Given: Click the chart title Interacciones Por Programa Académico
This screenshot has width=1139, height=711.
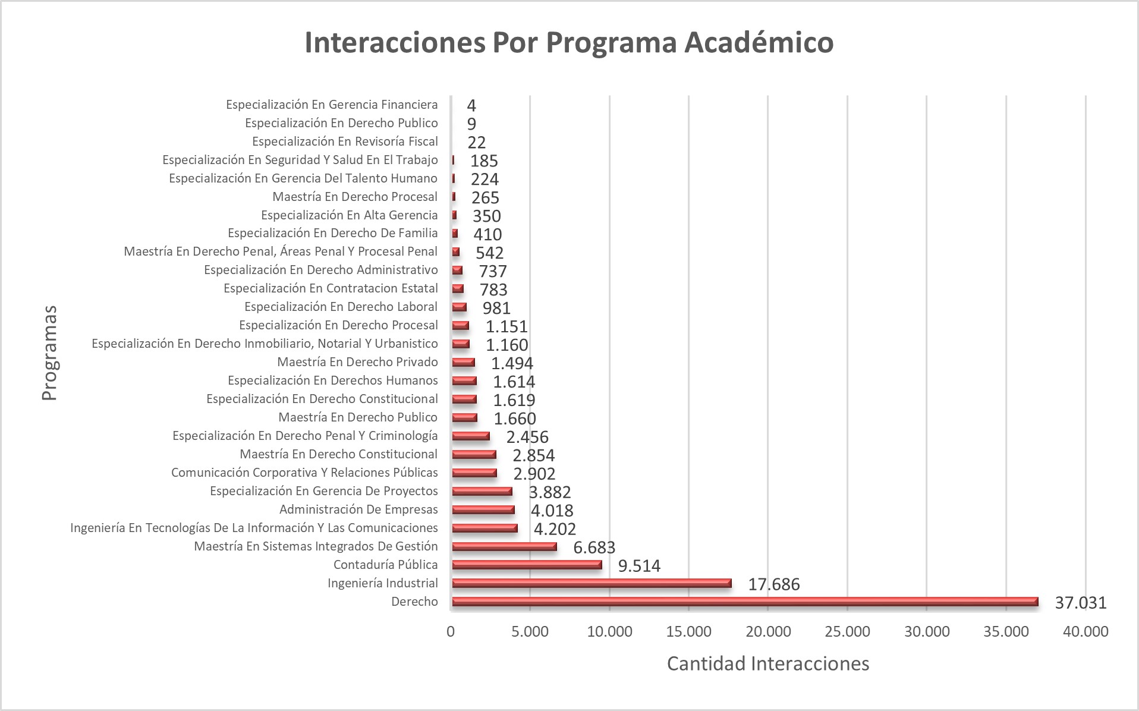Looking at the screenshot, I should tap(569, 43).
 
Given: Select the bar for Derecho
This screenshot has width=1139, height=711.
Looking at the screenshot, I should tap(745, 602).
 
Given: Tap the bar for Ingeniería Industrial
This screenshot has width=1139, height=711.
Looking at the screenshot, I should tap(591, 583).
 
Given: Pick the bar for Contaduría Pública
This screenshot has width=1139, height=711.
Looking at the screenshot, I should tap(527, 565).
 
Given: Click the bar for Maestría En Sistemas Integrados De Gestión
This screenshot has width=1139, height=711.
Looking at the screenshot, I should tap(504, 546).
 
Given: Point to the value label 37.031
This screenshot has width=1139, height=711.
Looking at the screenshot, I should tap(1081, 603).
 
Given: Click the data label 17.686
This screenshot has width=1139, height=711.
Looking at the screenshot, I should tap(773, 584).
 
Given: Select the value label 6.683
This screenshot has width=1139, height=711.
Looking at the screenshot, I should tap(594, 548).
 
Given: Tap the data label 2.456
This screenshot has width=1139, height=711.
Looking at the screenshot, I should tap(527, 437).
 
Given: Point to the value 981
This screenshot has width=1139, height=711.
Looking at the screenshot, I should tap(496, 308).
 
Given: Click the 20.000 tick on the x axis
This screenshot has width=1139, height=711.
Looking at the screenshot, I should tap(768, 631).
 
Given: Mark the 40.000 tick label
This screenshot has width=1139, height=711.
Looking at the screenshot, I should tap(1085, 631).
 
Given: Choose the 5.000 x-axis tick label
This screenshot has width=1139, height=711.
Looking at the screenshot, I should tap(530, 631).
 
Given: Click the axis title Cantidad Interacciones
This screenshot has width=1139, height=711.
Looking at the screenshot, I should tap(768, 663).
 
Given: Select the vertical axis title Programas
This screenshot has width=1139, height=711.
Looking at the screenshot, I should tap(50, 353).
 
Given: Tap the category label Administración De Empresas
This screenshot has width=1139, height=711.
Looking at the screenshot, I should tap(358, 509).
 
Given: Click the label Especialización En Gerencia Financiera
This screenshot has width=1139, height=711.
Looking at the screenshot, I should tap(332, 105).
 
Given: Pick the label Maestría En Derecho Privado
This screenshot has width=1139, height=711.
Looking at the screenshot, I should tap(357, 362).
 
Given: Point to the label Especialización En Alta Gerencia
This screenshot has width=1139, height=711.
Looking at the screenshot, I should tap(349, 215).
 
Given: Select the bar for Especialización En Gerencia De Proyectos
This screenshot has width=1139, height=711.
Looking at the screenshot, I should tap(482, 491).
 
